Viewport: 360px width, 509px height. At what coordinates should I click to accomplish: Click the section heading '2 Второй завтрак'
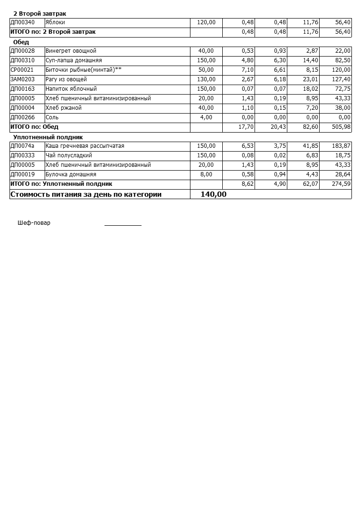(x=39, y=14)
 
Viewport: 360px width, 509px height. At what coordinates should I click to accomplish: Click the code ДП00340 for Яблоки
(x=22, y=22)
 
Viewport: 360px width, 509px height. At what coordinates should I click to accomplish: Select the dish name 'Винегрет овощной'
(x=71, y=51)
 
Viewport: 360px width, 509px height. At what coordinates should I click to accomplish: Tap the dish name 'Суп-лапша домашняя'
(x=74, y=60)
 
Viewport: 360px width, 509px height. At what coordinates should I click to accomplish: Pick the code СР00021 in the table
(x=22, y=70)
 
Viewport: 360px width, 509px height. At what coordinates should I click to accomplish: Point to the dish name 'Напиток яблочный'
(x=71, y=89)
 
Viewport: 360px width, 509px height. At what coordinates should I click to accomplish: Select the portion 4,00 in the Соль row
(x=206, y=117)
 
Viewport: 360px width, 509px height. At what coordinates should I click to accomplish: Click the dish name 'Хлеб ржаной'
(x=64, y=108)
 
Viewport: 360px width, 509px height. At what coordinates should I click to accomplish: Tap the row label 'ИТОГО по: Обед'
(x=34, y=127)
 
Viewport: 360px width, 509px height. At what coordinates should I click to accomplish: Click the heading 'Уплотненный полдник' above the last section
(x=48, y=137)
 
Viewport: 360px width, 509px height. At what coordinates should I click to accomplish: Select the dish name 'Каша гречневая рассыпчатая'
(x=85, y=146)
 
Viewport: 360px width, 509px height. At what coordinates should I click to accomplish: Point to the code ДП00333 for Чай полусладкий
(x=22, y=155)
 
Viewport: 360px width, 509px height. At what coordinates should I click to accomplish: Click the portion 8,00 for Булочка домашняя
(x=206, y=174)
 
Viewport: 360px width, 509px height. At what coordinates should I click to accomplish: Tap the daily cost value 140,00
(x=213, y=194)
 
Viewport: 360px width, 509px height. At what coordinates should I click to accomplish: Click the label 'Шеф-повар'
(x=34, y=223)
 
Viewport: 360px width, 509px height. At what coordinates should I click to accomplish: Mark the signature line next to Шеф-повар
(x=123, y=224)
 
